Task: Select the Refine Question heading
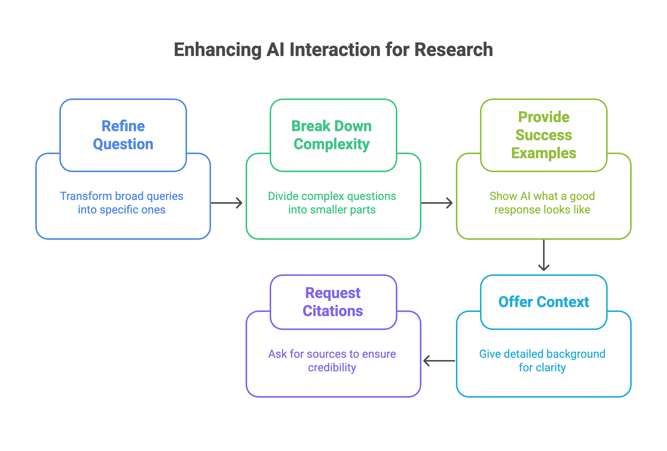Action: (123, 135)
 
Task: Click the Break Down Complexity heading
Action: (332, 135)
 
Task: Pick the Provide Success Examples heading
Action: (543, 135)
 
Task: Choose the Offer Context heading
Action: (543, 302)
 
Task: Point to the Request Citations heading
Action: (333, 302)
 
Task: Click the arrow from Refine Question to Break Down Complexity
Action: (227, 203)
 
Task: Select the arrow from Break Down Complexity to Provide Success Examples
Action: (437, 203)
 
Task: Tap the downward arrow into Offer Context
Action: (544, 256)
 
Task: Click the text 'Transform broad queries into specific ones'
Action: (122, 203)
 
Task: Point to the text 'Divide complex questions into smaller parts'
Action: (332, 203)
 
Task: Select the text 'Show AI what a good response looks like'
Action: (542, 203)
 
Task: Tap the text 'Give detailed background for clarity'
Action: (542, 361)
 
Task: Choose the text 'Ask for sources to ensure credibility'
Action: (332, 361)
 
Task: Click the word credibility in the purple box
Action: (332, 368)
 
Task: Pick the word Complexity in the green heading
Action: (332, 144)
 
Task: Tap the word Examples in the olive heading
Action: (543, 153)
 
